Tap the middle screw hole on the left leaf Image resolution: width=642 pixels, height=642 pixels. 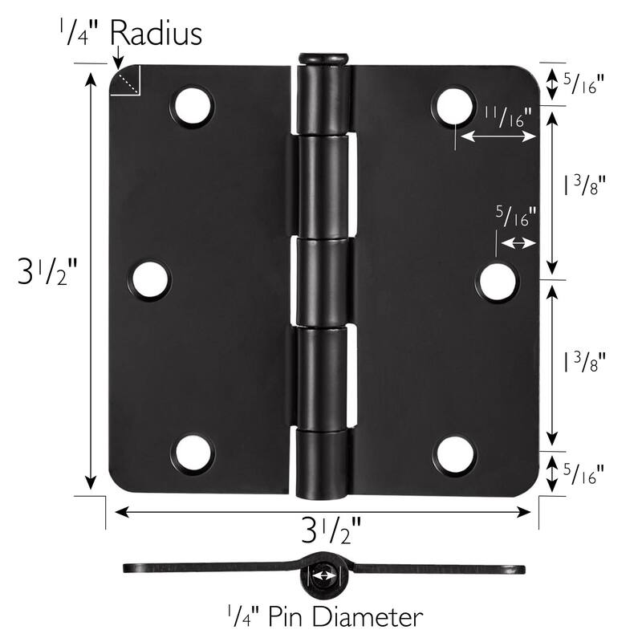pos(150,281)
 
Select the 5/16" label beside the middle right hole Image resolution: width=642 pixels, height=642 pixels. pos(517,217)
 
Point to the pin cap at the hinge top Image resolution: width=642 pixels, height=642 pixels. pos(323,59)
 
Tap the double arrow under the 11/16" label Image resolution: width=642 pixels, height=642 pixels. pos(496,137)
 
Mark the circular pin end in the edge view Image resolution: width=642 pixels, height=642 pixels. pos(323,575)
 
